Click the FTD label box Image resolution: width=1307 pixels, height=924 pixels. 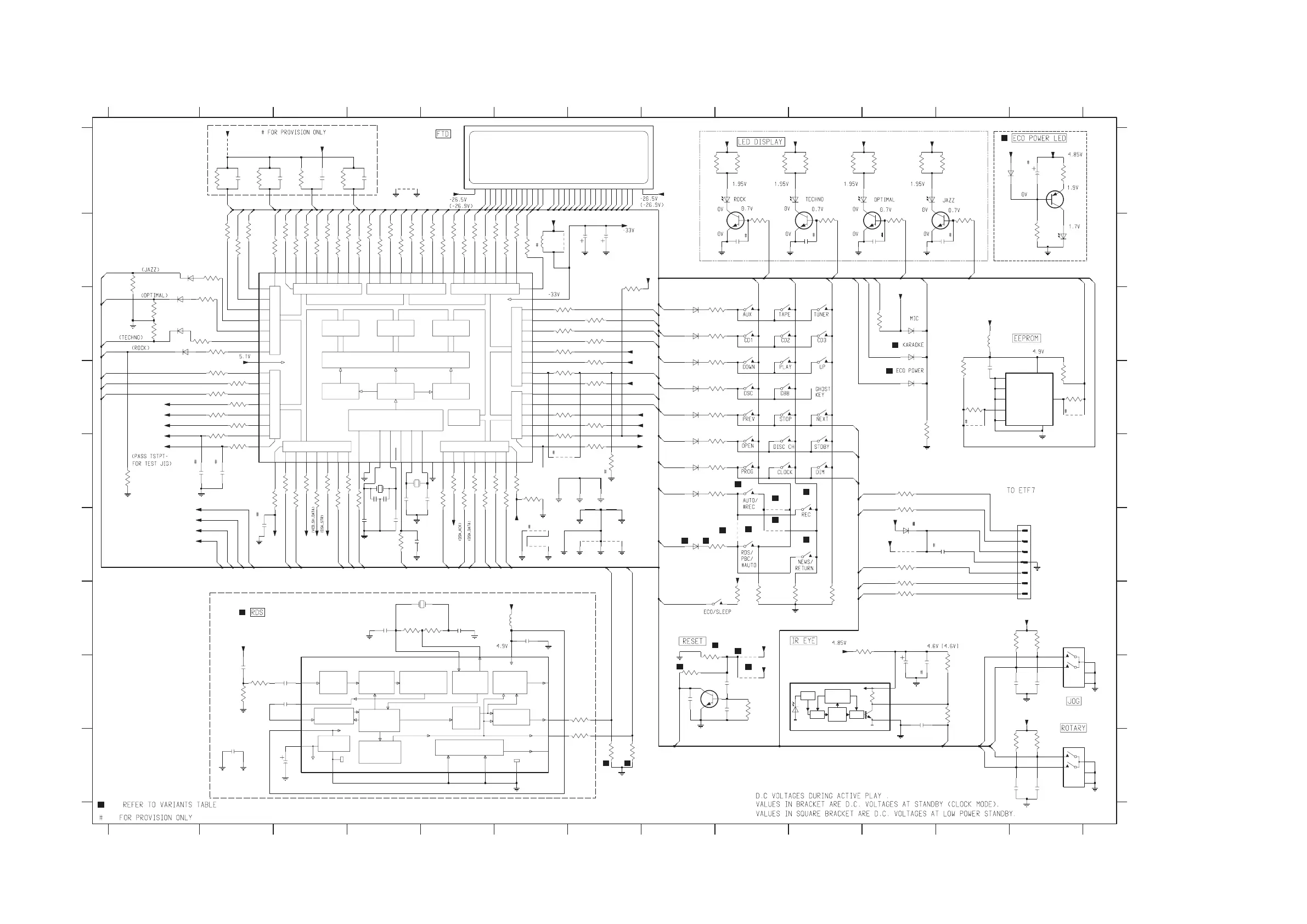click(x=442, y=134)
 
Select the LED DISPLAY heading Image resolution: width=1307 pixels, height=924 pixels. click(x=760, y=142)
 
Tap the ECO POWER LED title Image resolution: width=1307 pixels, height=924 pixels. click(x=1039, y=138)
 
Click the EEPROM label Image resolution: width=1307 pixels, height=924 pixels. click(x=1026, y=338)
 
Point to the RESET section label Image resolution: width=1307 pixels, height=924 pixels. click(x=692, y=641)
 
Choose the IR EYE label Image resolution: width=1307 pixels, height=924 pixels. click(x=803, y=640)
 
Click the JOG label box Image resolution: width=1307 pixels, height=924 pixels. click(x=1073, y=701)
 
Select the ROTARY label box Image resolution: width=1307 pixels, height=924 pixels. click(x=1073, y=728)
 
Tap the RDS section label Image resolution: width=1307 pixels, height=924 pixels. click(x=257, y=612)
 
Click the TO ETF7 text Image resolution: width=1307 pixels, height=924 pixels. click(x=1021, y=490)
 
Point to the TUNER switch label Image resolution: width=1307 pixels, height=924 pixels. click(x=821, y=314)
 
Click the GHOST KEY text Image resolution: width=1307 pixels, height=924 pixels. click(x=822, y=392)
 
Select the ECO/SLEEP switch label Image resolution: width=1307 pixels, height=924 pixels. click(x=717, y=612)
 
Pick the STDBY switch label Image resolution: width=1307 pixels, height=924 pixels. click(x=821, y=447)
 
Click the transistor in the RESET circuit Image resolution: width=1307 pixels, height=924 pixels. click(x=709, y=699)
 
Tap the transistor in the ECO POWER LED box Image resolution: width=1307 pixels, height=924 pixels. click(x=1055, y=200)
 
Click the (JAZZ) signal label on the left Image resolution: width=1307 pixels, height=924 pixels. click(x=150, y=269)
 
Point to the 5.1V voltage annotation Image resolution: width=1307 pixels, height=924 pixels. click(x=245, y=357)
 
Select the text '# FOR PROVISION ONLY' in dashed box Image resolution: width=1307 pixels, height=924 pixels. click(x=294, y=132)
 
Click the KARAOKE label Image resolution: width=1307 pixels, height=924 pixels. click(x=913, y=345)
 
